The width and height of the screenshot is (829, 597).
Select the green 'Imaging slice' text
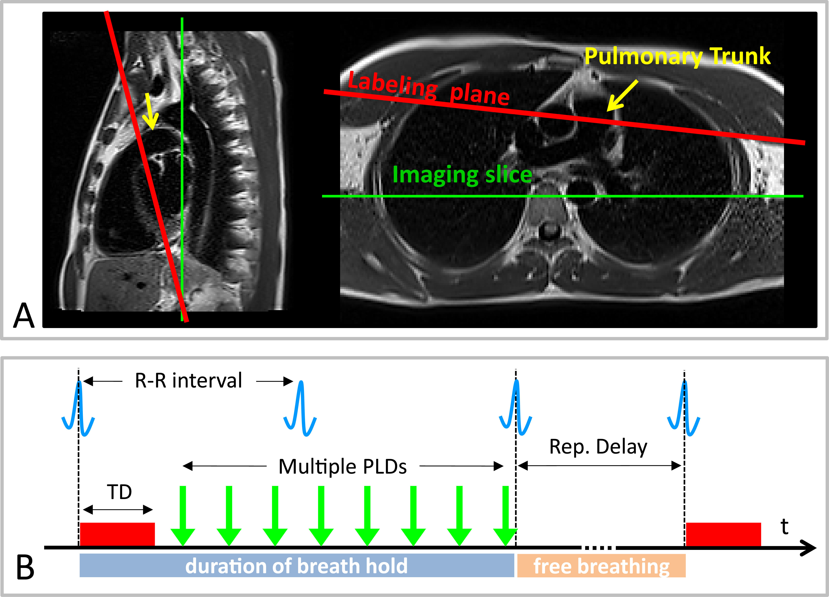click(x=462, y=175)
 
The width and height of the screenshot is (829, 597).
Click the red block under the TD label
click(x=117, y=534)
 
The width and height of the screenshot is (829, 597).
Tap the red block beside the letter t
click(x=723, y=534)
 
